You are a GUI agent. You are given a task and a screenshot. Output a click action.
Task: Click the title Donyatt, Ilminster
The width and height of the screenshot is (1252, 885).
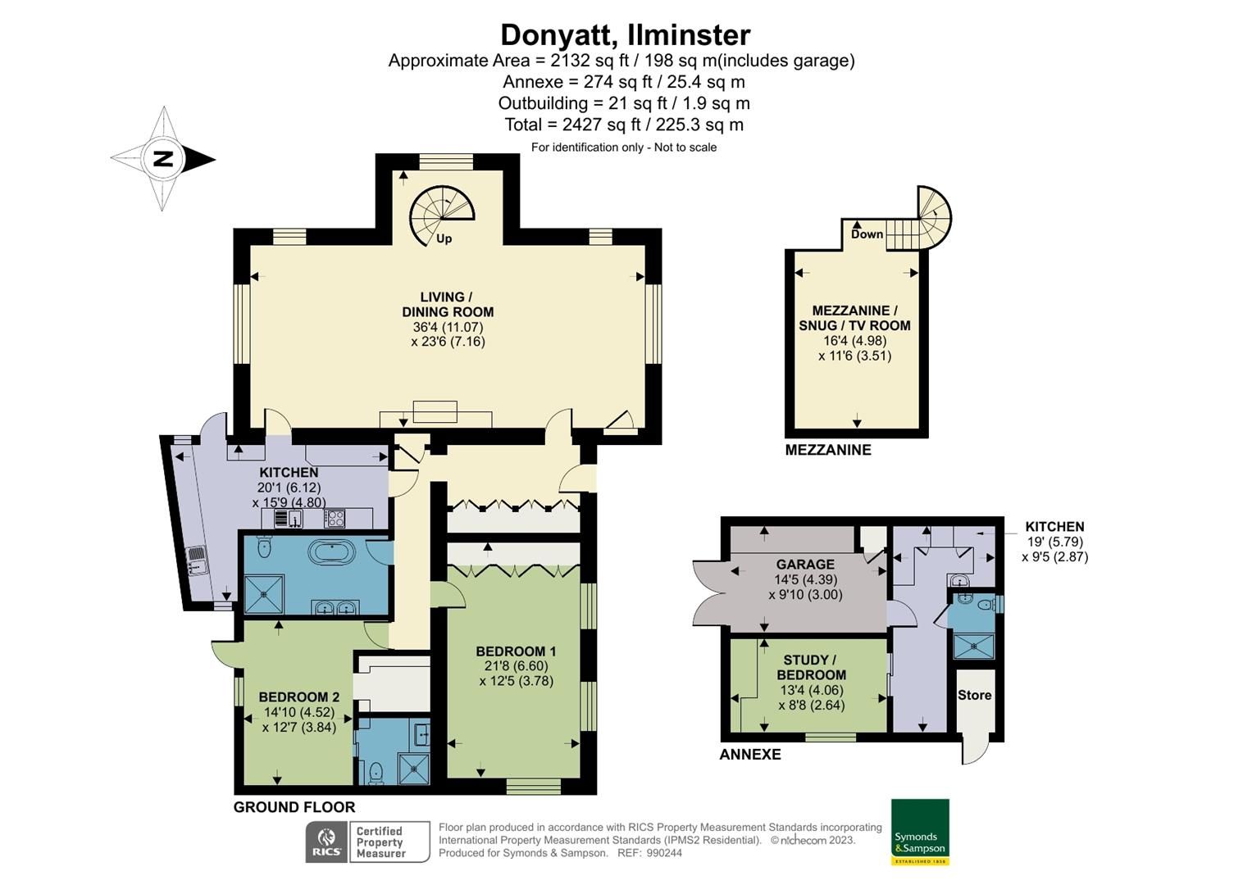click(625, 35)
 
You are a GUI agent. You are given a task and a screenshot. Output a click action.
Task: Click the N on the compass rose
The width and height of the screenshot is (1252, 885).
click(164, 159)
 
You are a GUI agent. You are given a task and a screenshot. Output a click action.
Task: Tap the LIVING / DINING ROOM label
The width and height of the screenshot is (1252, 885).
click(448, 304)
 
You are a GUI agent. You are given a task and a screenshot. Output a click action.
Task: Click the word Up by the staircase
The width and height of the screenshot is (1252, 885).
click(444, 239)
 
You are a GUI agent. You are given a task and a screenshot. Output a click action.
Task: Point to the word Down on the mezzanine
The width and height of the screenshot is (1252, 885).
click(867, 234)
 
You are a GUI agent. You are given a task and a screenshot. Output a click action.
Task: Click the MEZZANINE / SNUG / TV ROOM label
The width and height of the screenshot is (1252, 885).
click(854, 318)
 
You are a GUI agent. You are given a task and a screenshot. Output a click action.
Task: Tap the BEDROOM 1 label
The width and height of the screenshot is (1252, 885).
click(516, 651)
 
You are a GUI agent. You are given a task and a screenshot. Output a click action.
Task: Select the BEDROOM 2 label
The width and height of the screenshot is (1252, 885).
click(298, 697)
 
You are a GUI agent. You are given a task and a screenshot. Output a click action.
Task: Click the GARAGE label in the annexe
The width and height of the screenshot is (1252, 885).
click(805, 565)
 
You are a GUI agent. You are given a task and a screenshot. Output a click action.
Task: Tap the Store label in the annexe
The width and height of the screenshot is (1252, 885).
click(974, 695)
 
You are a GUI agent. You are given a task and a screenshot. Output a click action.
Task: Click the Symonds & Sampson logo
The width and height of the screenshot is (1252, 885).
click(920, 831)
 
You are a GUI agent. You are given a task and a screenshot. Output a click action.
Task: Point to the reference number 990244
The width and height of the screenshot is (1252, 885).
click(663, 853)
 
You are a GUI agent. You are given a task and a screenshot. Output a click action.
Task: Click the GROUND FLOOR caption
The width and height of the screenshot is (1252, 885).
click(294, 807)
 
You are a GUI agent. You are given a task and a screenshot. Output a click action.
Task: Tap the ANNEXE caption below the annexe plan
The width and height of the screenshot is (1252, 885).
click(749, 755)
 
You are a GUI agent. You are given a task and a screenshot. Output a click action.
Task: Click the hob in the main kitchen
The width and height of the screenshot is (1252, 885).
click(335, 518)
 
